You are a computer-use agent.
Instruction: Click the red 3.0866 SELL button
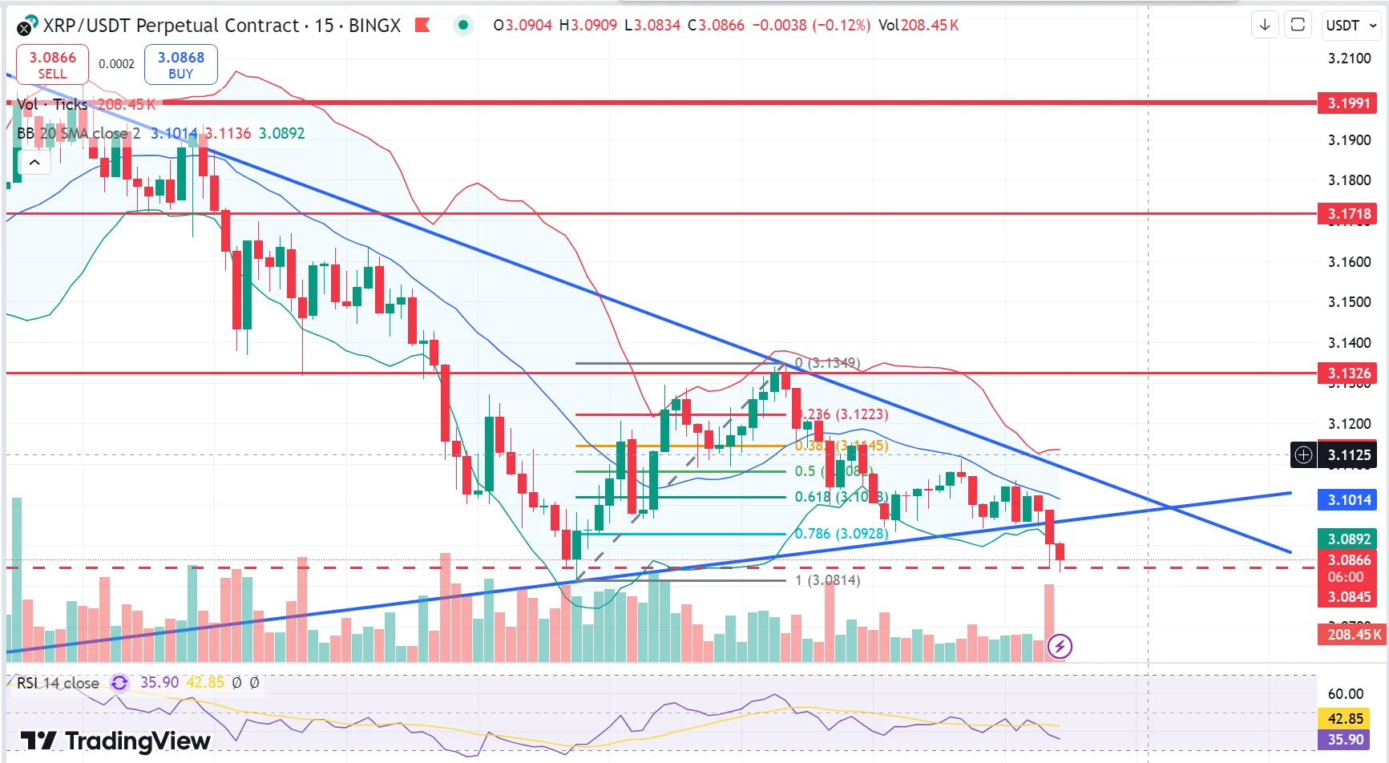tap(52, 65)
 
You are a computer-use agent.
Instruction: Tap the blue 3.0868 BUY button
tap(180, 65)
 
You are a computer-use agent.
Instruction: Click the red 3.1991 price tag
tap(1349, 103)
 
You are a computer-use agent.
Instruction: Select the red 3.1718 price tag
tap(1349, 213)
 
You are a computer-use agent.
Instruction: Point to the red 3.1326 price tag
tap(1349, 373)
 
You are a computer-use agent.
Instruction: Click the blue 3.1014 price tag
tap(1349, 500)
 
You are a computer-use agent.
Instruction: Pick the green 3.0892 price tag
tap(1349, 539)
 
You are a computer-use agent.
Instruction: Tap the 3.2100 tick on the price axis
tap(1349, 59)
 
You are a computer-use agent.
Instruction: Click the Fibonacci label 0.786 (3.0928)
tap(842, 534)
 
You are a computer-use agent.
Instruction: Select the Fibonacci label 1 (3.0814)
tap(827, 580)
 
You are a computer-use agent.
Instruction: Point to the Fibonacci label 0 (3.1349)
tap(828, 363)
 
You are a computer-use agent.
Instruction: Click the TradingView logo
tap(115, 741)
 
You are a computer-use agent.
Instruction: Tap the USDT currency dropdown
tap(1351, 26)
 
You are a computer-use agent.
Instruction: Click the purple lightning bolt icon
tap(1060, 646)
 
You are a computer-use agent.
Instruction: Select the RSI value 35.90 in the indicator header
tap(159, 682)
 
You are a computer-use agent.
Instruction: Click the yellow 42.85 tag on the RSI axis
tap(1345, 719)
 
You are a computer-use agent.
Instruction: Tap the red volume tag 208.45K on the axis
tap(1354, 635)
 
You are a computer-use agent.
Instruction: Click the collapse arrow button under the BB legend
tap(34, 163)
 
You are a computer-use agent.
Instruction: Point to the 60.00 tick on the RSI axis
tap(1345, 694)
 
